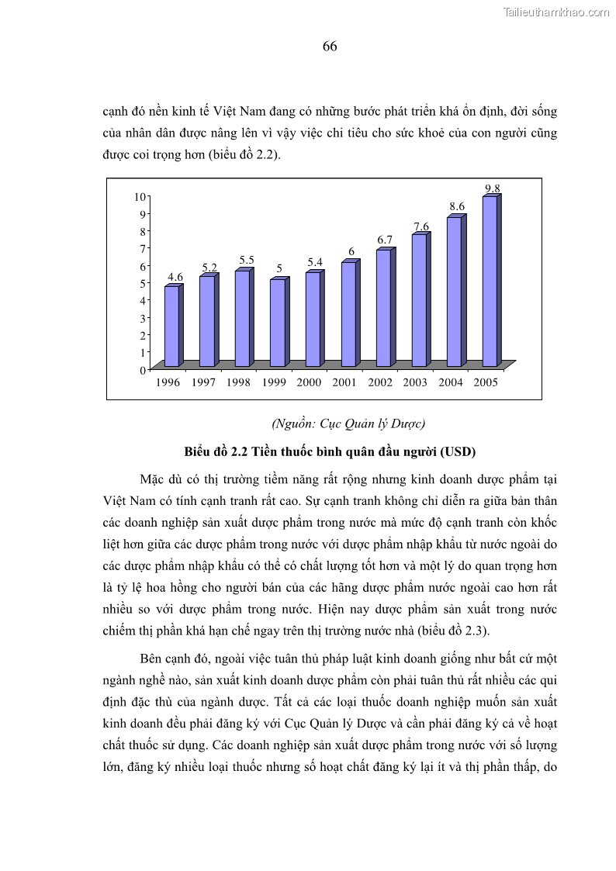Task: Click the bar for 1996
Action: (171, 326)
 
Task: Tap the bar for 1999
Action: (277, 322)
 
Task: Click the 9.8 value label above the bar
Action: (493, 188)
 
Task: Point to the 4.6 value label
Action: (175, 277)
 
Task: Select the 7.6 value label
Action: (421, 226)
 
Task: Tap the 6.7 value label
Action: (386, 240)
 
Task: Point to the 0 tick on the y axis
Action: (142, 370)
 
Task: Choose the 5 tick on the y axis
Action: (142, 283)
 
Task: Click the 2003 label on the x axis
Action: (415, 382)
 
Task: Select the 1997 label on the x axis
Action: (202, 382)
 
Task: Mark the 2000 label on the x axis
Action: (309, 382)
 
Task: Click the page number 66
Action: (330, 47)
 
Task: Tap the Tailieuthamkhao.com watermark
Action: (556, 12)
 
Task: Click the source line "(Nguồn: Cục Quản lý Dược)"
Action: (348, 423)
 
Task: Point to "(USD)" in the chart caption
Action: (457, 451)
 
